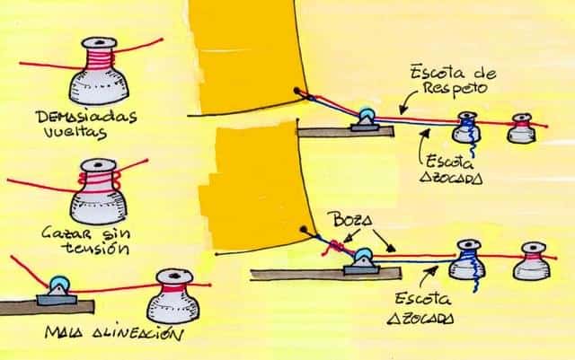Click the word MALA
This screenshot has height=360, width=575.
[x=65, y=334]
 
